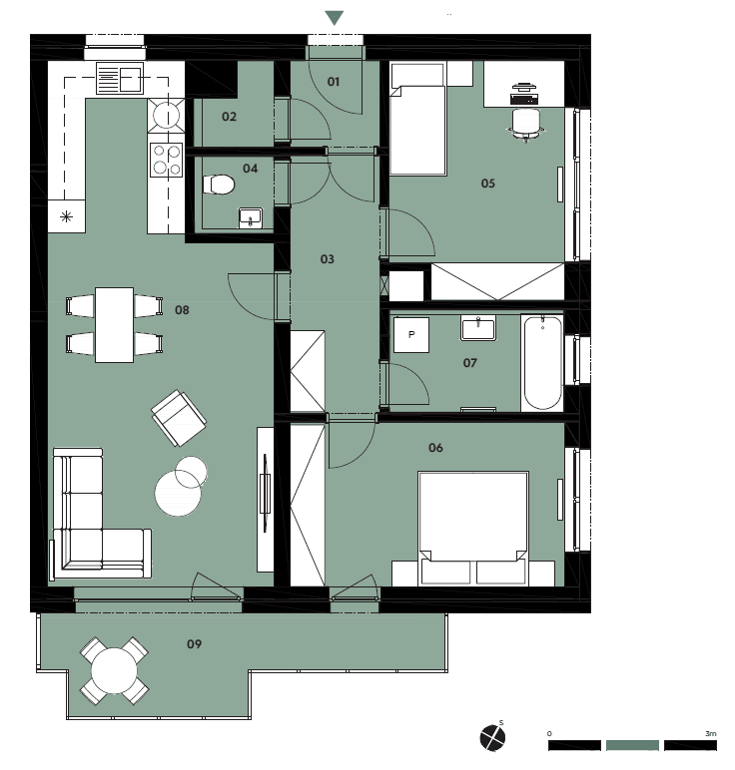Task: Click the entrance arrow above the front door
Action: click(x=335, y=18)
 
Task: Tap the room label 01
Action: click(x=334, y=82)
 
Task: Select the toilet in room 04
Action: click(x=219, y=185)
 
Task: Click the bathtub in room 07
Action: click(x=542, y=362)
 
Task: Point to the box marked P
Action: click(x=411, y=335)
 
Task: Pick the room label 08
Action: click(x=182, y=310)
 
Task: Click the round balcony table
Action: click(x=115, y=670)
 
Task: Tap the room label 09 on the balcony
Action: click(x=194, y=643)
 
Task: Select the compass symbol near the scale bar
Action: click(x=492, y=738)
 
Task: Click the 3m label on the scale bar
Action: click(x=710, y=734)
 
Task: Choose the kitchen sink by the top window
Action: click(x=120, y=78)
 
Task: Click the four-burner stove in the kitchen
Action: click(x=167, y=160)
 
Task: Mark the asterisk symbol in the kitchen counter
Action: click(x=66, y=216)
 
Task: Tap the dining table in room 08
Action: click(x=114, y=324)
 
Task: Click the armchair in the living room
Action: click(x=179, y=418)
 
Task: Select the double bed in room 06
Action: click(x=473, y=529)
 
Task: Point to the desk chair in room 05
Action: click(x=526, y=124)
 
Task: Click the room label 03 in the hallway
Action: click(x=327, y=258)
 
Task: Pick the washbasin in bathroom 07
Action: click(x=478, y=328)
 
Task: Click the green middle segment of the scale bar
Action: click(x=632, y=745)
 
